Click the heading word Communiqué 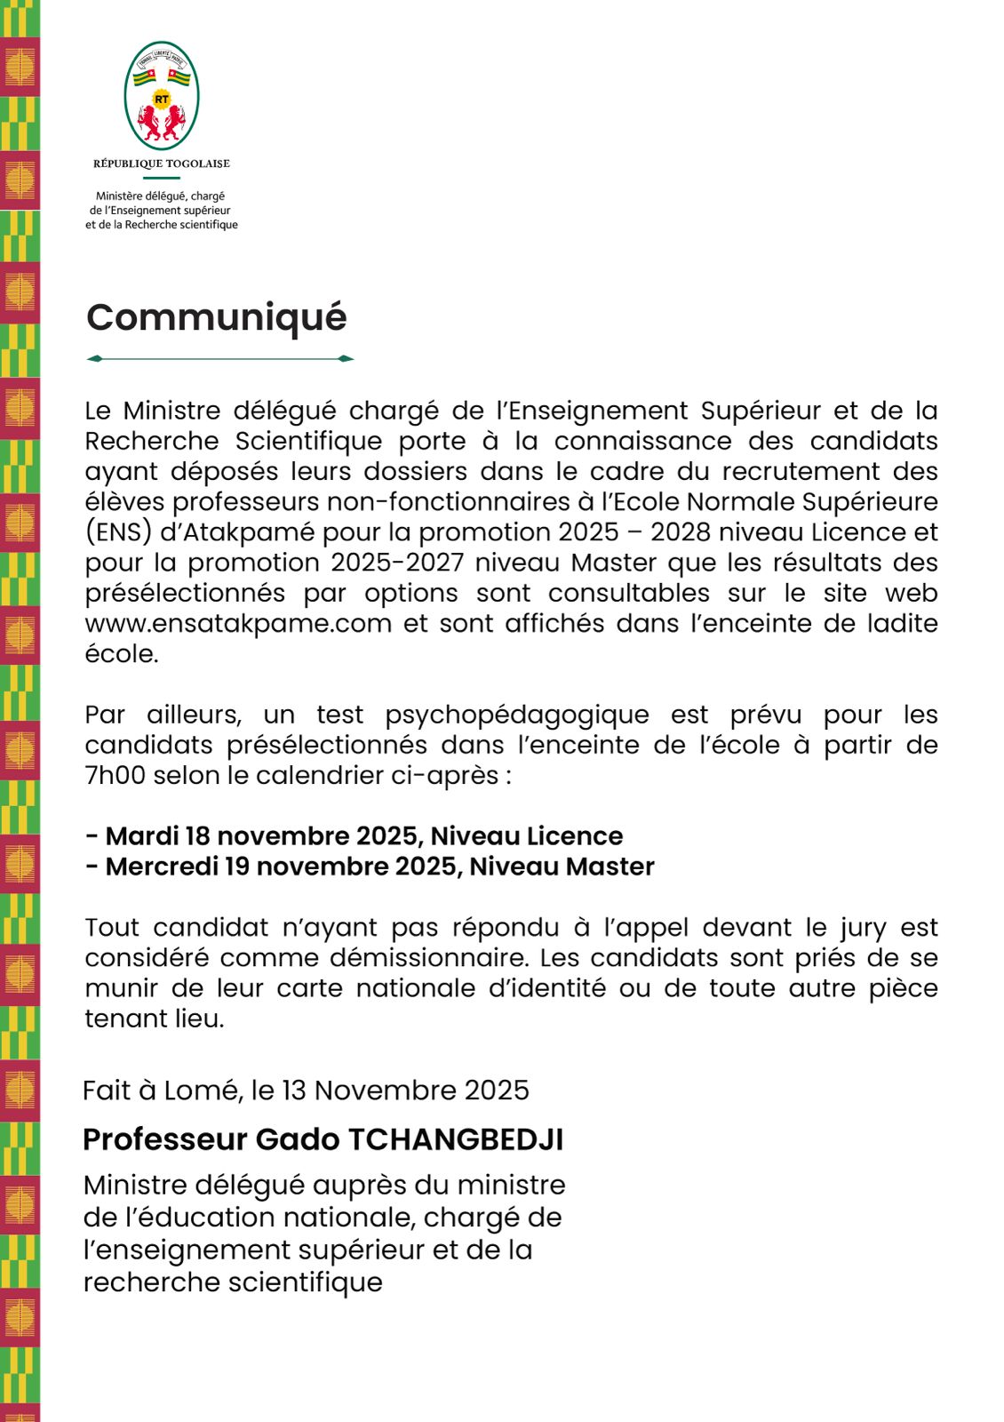tap(216, 318)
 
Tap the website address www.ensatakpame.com tap(238, 623)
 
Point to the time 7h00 tap(116, 775)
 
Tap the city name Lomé tap(203, 1090)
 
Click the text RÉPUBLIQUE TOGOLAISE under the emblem tap(162, 164)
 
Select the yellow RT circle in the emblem tap(162, 100)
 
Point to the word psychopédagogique tap(517, 715)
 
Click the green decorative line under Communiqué tap(220, 359)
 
